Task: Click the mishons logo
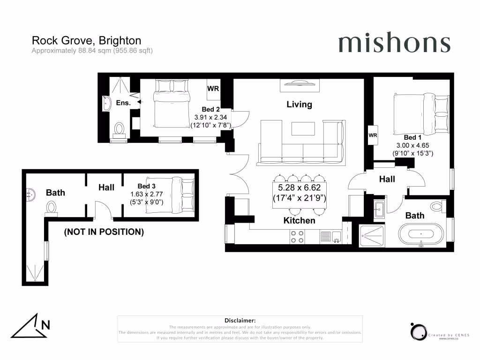click(394, 43)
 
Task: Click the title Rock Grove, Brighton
click(86, 41)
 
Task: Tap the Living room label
click(299, 104)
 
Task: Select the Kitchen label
click(299, 220)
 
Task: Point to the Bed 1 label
click(412, 137)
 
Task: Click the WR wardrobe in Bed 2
click(213, 88)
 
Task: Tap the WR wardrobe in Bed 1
click(373, 135)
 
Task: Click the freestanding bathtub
click(421, 233)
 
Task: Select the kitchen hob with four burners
click(297, 237)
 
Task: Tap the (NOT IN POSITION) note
click(104, 232)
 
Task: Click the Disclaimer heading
click(240, 320)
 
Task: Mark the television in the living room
click(300, 84)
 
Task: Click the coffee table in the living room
click(303, 127)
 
